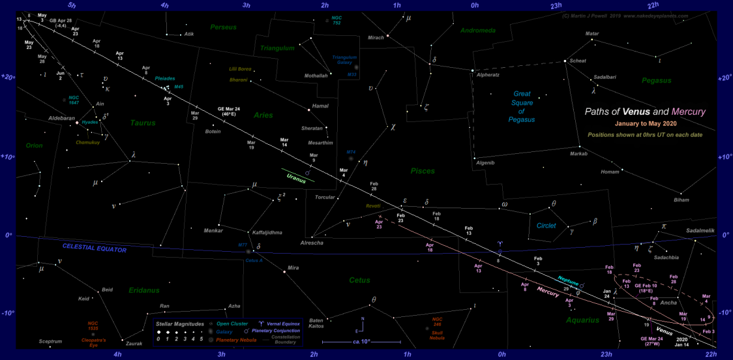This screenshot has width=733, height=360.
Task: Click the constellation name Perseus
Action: coord(222,27)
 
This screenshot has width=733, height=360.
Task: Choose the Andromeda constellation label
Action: coord(478,30)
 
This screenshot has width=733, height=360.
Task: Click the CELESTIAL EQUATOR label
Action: coord(94,248)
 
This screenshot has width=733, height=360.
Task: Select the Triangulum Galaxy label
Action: coord(344,61)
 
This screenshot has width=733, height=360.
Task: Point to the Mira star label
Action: coord(293,268)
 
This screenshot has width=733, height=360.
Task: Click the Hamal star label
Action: coord(320,106)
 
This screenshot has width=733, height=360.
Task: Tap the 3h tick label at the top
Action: coord(246,5)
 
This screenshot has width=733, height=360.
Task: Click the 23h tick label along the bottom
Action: coord(606,354)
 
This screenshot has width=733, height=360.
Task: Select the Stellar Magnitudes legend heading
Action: coord(179,323)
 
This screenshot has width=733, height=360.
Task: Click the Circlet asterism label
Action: coord(546,226)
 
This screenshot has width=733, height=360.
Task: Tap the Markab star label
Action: coord(578,154)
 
